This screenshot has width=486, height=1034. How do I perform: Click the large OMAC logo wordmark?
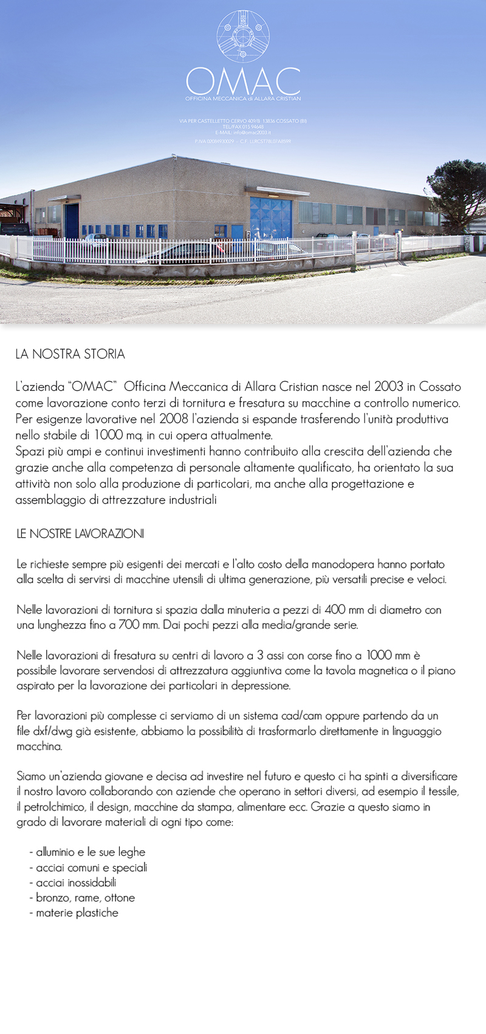(243, 81)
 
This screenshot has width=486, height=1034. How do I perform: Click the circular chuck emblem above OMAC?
(243, 36)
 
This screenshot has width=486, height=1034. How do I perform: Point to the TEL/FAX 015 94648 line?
(243, 126)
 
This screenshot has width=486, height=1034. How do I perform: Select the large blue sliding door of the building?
(270, 217)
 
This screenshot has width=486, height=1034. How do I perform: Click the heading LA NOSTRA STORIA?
(70, 354)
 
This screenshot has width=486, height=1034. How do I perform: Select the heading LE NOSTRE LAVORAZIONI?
(80, 534)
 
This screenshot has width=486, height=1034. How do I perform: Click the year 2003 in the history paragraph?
(388, 387)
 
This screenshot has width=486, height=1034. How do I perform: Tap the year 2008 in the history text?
(174, 419)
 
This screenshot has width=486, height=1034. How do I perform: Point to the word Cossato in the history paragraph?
(440, 387)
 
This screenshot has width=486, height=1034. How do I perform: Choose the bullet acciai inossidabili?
(76, 883)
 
